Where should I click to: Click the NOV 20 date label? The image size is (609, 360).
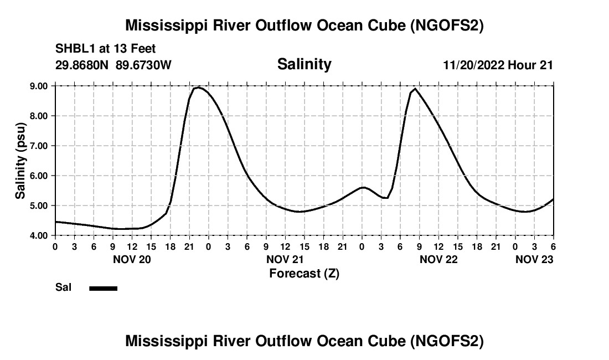[132, 259]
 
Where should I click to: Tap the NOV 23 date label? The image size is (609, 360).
[534, 259]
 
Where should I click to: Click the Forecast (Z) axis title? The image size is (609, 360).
[304, 274]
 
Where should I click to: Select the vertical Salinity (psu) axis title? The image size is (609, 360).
[21, 161]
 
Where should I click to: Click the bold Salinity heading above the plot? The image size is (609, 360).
[304, 64]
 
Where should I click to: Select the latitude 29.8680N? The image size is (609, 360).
[82, 65]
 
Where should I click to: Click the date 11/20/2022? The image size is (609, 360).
[473, 65]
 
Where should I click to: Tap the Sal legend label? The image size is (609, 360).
[64, 288]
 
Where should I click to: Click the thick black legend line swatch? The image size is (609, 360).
[104, 288]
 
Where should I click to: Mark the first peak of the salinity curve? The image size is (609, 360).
[199, 88]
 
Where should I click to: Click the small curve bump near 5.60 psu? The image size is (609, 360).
[363, 188]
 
